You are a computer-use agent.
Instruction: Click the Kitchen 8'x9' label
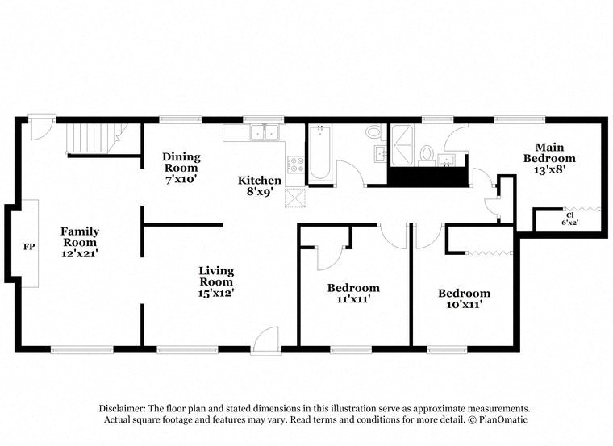[x=259, y=186]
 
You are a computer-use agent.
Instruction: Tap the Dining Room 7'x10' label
[x=181, y=167]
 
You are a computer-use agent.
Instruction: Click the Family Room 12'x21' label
[x=80, y=242]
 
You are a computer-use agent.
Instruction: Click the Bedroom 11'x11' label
[x=353, y=294]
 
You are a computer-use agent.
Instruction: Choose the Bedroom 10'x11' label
[x=464, y=298]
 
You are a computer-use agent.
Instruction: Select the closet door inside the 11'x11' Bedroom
[x=329, y=256]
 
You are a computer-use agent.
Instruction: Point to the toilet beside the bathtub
[x=374, y=131]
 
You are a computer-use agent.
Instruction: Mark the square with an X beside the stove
[x=295, y=198]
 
